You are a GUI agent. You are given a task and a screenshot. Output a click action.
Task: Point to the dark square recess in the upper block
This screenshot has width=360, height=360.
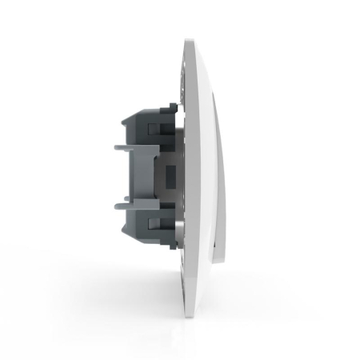coord(157,128)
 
